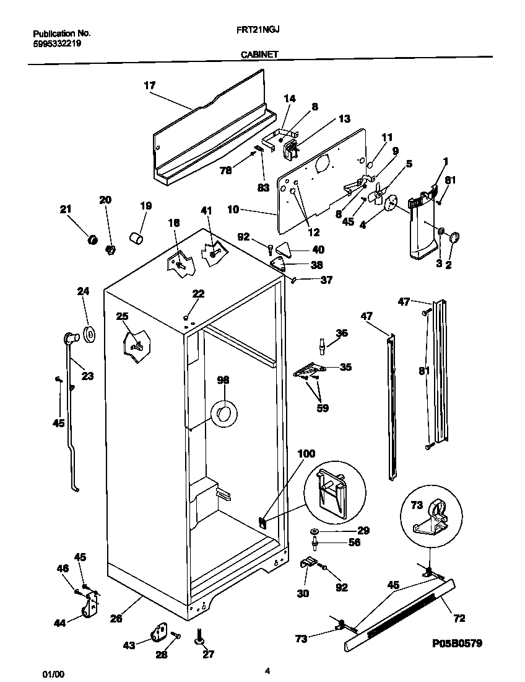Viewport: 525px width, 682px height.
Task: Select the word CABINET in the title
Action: [x=259, y=55]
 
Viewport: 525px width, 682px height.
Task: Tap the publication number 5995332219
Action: [x=56, y=44]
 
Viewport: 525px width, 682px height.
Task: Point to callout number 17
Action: [x=149, y=86]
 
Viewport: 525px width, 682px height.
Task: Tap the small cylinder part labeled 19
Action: [x=136, y=237]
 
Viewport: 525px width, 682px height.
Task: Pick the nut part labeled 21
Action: [x=92, y=240]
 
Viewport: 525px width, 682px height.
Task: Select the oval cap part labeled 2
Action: [x=454, y=236]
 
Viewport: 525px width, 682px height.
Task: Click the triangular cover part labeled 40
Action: [x=284, y=249]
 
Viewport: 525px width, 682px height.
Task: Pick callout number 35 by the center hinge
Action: [x=345, y=367]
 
